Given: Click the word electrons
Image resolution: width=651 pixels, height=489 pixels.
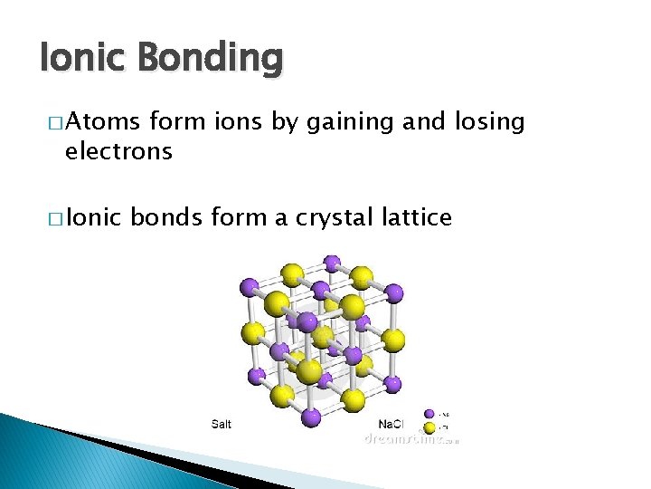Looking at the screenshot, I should [118, 151].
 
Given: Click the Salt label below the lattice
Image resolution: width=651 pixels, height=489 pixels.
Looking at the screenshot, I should [221, 425].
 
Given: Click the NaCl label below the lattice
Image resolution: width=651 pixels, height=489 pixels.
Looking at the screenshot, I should [390, 425].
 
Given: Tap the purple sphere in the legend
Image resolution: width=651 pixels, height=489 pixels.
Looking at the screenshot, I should [429, 415].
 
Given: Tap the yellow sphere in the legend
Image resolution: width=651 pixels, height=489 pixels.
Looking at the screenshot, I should [429, 426].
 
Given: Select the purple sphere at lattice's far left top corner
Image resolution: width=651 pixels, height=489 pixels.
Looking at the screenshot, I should [249, 287].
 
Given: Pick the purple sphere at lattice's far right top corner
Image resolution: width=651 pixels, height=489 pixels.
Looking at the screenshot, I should [393, 292].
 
